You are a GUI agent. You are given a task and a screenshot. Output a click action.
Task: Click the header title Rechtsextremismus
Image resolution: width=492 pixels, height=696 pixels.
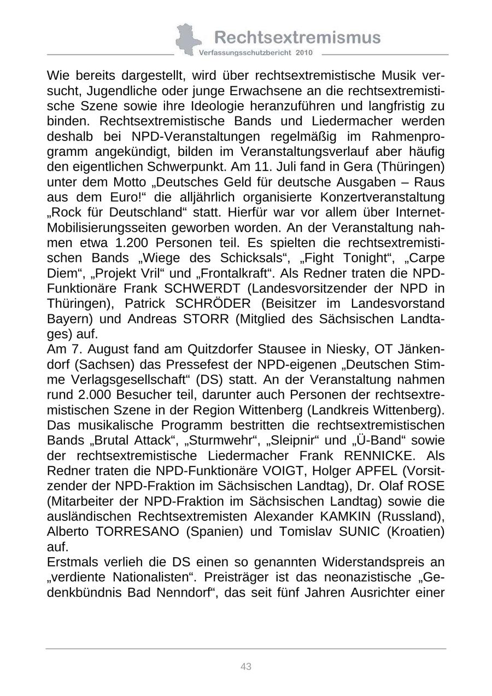[x=297, y=37]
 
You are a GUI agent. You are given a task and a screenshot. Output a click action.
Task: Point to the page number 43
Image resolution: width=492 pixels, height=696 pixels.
[x=246, y=666]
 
